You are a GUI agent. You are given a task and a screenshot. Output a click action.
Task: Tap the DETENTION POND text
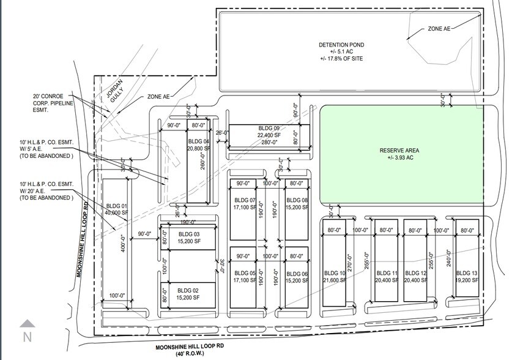tap(341, 45)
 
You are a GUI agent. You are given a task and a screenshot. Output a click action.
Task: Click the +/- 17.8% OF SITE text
tap(341, 58)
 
